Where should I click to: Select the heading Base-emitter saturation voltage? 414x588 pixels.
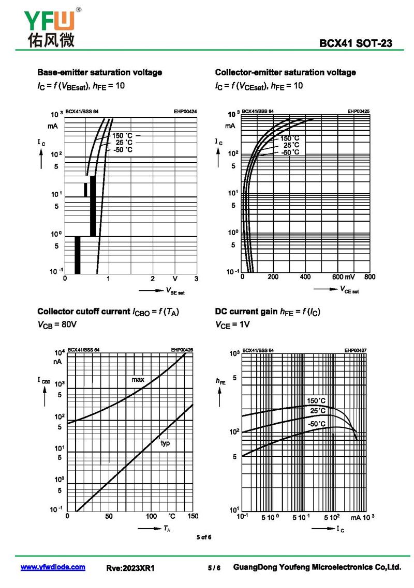[x=99, y=72]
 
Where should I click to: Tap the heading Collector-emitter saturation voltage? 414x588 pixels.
[x=285, y=72]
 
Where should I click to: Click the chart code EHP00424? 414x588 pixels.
[x=185, y=112]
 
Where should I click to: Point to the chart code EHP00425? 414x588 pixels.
[x=358, y=112]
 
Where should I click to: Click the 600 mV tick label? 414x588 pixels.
[x=344, y=277]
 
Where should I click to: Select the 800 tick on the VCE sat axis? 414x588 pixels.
[x=369, y=277]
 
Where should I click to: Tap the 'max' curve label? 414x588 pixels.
[x=138, y=379]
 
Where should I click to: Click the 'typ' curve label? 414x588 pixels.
[x=165, y=443]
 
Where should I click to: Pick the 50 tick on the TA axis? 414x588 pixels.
[x=109, y=516]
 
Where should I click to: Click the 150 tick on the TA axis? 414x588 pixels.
[x=193, y=516]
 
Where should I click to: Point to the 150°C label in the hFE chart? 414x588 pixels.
[x=316, y=401]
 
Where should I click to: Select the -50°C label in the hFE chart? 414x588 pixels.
[x=317, y=424]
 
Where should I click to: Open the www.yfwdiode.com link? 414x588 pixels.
[x=53, y=567]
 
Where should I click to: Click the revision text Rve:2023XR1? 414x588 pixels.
[x=130, y=568]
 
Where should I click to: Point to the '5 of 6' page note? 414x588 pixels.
[x=204, y=537]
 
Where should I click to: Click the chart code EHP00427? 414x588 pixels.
[x=356, y=350]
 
